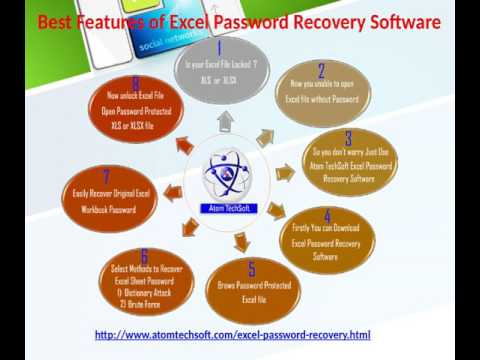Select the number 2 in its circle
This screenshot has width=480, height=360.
pyautogui.click(x=321, y=70)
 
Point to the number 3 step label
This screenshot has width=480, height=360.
pyautogui.click(x=348, y=138)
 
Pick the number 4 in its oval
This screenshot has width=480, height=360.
pyautogui.click(x=328, y=216)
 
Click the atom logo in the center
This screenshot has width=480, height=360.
pyautogui.click(x=227, y=171)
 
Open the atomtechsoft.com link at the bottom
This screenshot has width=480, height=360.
pyautogui.click(x=232, y=334)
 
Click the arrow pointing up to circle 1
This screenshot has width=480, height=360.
pyautogui.click(x=225, y=120)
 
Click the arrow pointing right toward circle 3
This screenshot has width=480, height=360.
pyautogui.click(x=285, y=173)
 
